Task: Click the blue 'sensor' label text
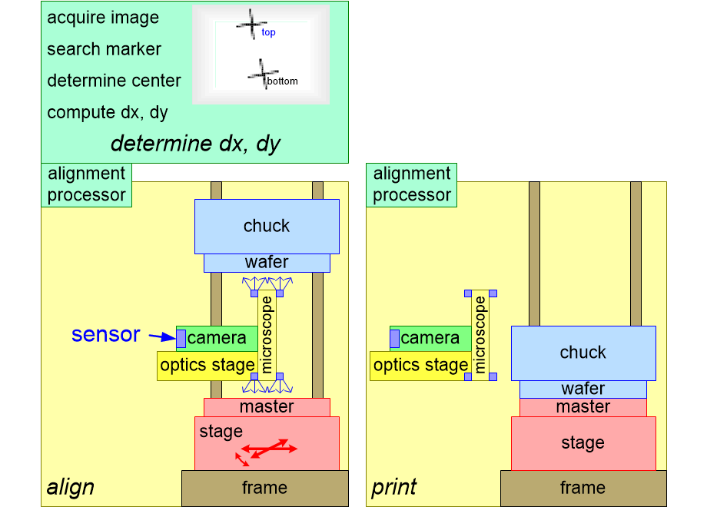point(105,335)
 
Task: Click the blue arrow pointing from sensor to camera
point(161,336)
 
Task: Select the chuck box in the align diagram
point(266,226)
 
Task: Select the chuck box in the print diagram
point(583,353)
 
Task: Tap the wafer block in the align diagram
point(266,263)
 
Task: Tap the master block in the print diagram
point(583,407)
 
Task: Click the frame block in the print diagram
point(583,488)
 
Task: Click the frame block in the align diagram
point(264,488)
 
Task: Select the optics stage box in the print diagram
point(420,366)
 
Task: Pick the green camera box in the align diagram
point(216,338)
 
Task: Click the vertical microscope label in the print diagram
point(481,335)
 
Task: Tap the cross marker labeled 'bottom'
point(259,74)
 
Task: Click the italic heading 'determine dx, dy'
point(195,144)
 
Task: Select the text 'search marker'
point(104,49)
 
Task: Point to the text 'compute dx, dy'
point(107,112)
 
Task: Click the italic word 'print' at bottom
point(394,487)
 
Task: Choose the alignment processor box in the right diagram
point(411,184)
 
